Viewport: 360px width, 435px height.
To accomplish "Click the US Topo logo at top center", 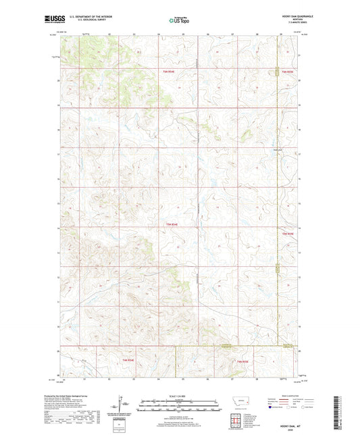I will tap(180, 20).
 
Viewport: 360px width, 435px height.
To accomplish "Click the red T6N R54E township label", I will tap(168, 70).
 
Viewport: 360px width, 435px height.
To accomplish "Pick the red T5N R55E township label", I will tap(288, 234).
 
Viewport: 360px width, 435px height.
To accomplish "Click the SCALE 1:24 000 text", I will tap(180, 396).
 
